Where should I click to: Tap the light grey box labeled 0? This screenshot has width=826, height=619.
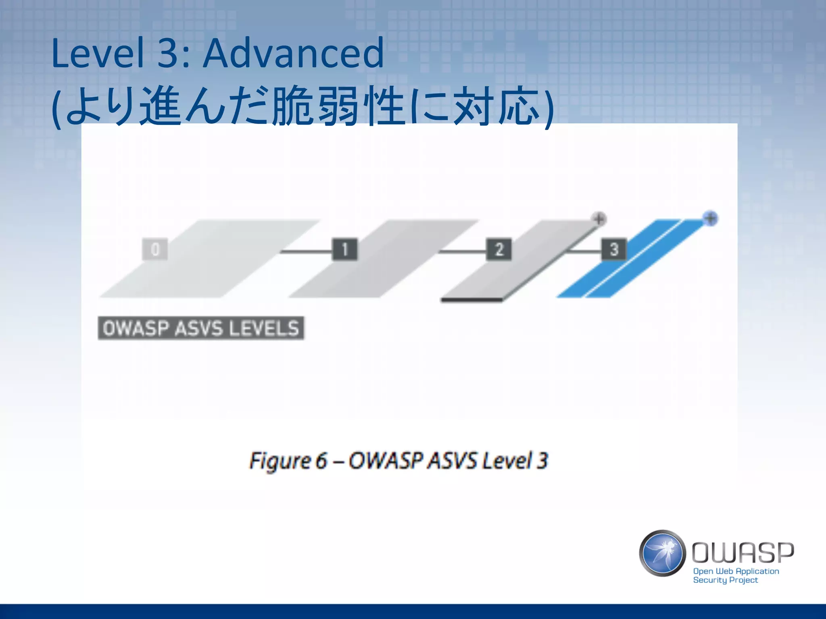tap(155, 249)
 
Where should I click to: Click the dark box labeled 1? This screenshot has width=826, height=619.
tap(344, 249)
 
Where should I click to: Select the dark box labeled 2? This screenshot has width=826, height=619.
tap(499, 249)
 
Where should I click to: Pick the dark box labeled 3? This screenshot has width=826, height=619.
tap(614, 249)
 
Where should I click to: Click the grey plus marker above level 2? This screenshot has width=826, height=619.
tap(599, 219)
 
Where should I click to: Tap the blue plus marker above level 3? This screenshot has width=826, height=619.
tap(710, 218)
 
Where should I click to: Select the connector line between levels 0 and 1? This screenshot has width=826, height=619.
tap(307, 251)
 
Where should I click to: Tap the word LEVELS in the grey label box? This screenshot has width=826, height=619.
tap(264, 328)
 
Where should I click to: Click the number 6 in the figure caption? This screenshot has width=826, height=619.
tap(321, 461)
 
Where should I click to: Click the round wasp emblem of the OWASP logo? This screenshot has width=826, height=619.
tap(662, 553)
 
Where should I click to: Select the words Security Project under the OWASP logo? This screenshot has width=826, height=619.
tap(725, 580)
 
